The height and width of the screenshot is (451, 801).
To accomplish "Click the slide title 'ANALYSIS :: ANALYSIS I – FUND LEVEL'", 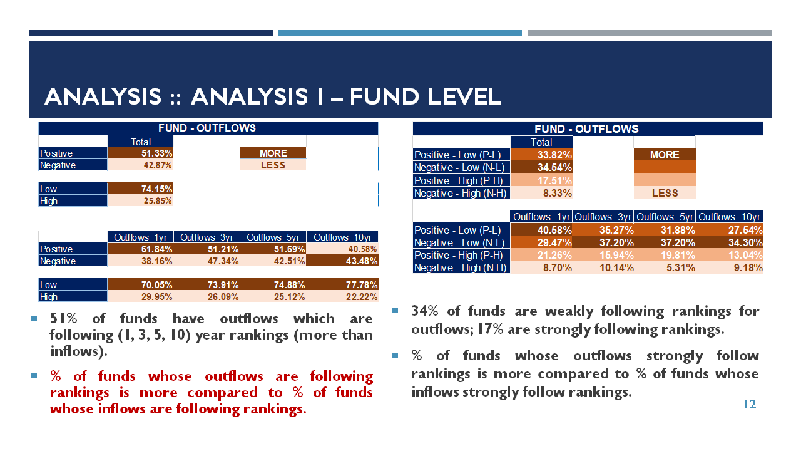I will point(273,96).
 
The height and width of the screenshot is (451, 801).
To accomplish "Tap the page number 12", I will point(750,404).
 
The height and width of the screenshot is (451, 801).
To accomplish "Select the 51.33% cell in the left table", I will point(140,153).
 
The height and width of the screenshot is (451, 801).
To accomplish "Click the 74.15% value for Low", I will point(140,189).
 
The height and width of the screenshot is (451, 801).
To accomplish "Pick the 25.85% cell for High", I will point(140,201).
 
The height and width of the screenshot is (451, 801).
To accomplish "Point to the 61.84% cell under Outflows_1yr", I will point(140,249).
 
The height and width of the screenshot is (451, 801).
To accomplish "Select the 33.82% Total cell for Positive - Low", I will point(541,155).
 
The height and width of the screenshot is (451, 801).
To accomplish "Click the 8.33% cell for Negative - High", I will point(541,193).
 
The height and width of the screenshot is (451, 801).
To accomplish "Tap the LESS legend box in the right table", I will point(665,193).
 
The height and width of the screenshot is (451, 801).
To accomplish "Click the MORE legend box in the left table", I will point(273,153).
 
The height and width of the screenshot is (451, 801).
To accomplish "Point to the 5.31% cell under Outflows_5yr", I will point(665,267).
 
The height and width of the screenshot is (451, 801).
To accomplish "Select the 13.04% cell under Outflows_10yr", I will point(729,255).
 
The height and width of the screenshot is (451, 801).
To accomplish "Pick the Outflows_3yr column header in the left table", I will point(207,237).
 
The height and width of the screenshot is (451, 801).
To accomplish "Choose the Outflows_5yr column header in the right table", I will point(665,217).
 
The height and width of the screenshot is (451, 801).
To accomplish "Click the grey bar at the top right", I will point(650,33).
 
